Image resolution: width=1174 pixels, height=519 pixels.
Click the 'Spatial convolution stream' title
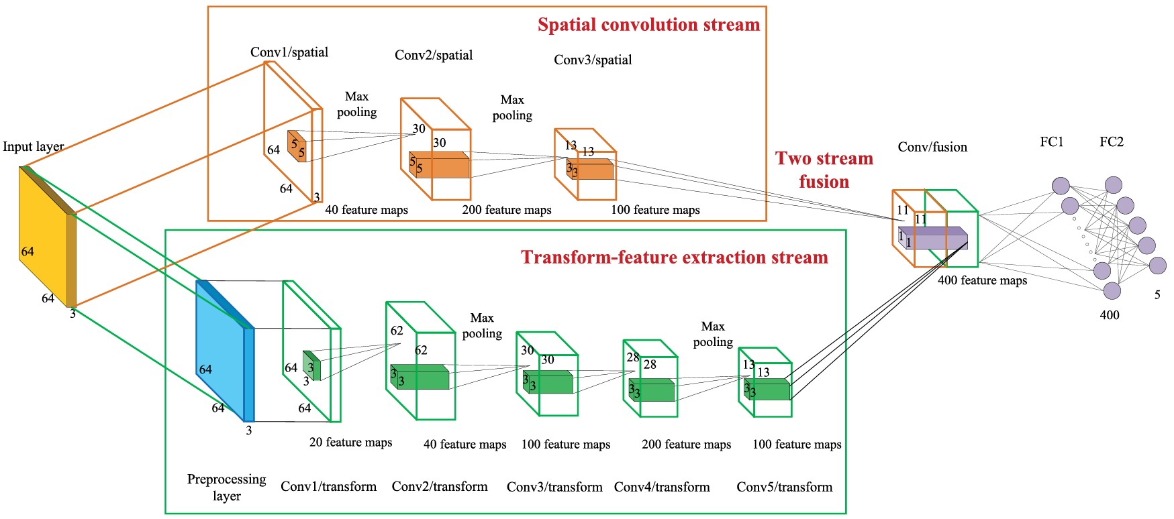tap(648, 25)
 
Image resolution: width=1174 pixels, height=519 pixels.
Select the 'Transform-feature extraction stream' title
tap(674, 257)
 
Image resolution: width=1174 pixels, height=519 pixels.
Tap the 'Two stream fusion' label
tap(824, 170)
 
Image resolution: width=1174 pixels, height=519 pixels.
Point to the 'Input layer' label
tap(33, 146)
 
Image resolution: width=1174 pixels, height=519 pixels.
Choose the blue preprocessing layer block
tap(220, 349)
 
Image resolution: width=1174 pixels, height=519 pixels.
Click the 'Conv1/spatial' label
tap(289, 52)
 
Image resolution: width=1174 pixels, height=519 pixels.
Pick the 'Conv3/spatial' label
tap(593, 60)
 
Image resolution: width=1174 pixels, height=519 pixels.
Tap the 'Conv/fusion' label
tap(932, 147)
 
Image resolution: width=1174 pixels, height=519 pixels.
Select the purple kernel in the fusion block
tap(934, 239)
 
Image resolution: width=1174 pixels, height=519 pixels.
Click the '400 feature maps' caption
tap(982, 280)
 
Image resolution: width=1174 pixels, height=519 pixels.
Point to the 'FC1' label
tap(1051, 141)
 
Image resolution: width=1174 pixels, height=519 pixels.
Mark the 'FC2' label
tap(1111, 141)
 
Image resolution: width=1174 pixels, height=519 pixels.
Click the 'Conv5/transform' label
tap(784, 487)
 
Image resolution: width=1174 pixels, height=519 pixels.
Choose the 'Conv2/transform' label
tap(440, 486)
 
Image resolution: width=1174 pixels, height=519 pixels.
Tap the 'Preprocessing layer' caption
tap(226, 487)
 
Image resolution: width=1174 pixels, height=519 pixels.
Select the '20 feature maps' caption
tap(350, 442)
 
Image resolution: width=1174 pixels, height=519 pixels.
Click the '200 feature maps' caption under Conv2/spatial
tap(506, 210)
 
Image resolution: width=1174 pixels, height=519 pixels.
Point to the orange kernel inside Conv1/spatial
tap(297, 146)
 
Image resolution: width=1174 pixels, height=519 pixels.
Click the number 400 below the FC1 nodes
tap(1109, 314)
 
